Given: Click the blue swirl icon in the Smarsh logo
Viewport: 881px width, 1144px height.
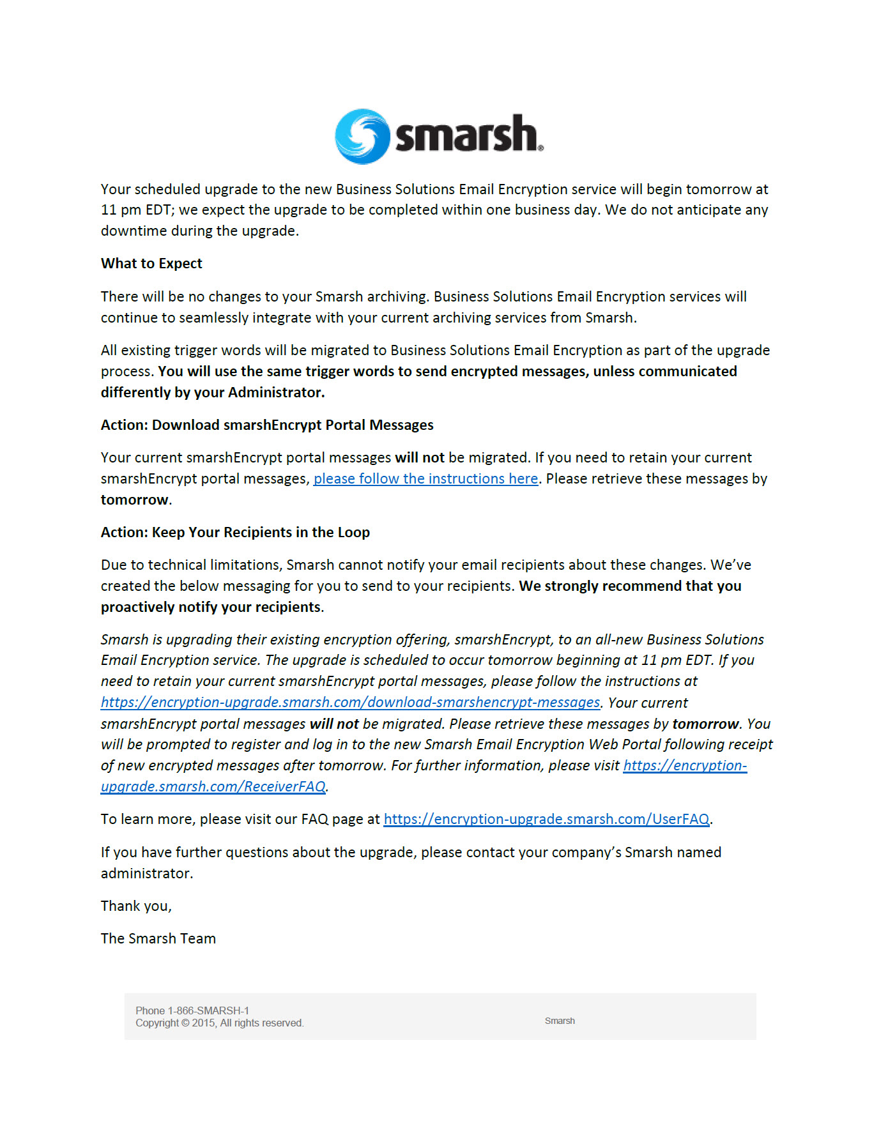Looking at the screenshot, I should (362, 136).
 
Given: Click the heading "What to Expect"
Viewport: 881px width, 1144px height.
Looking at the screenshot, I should (151, 263).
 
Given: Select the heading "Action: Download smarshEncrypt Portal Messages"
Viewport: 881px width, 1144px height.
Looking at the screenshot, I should (267, 425).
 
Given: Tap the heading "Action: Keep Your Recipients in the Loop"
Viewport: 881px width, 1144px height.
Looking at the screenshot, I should (235, 532).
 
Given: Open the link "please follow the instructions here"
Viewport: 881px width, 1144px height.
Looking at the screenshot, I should (425, 478).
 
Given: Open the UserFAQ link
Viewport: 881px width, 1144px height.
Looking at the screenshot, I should (546, 819).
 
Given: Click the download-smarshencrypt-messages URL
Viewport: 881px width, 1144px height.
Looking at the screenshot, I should (350, 702).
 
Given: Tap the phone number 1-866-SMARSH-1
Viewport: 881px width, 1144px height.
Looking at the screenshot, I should (208, 1011).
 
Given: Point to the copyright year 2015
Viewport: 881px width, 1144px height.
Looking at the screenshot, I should (203, 1023).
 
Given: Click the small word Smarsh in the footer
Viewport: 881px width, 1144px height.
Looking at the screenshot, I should (560, 1021).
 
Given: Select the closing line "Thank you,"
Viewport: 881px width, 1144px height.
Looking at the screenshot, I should (136, 906).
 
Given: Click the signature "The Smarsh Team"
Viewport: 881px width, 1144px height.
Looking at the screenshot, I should (158, 938).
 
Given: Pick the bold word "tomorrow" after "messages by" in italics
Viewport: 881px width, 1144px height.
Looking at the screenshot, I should (705, 724).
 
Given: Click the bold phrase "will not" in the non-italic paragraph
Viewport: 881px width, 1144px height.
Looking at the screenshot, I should (419, 457).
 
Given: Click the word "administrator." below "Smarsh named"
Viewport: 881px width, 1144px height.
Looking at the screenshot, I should (147, 873).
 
